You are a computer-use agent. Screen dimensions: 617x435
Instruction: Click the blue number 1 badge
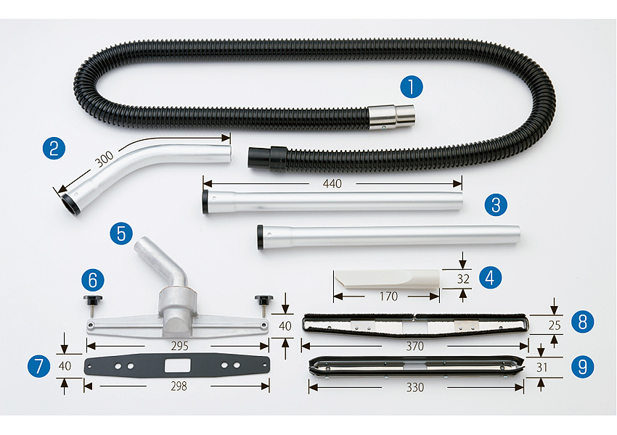coord(411,87)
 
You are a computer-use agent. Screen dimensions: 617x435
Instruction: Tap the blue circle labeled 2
coord(54,148)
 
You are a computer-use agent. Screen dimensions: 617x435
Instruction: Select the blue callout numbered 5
coord(121,233)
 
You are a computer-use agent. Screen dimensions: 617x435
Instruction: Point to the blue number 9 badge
coord(582,367)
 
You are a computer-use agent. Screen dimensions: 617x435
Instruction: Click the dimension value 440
coord(332,183)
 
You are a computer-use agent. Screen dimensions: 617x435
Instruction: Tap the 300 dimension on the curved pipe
coord(105,159)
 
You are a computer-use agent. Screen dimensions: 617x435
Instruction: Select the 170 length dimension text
coord(388,296)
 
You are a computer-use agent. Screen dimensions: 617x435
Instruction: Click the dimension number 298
coord(179,386)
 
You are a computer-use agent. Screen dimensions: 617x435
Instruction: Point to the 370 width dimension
coord(414,347)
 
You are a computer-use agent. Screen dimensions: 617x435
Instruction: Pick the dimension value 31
coord(542,368)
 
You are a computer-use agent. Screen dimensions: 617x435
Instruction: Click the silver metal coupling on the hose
coord(391,117)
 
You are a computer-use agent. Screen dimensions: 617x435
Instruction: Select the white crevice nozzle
coord(386,279)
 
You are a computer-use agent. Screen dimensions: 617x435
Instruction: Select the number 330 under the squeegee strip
coord(415,387)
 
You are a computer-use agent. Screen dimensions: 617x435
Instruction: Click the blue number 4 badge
coord(490,278)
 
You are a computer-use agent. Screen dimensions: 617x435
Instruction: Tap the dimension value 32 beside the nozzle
coord(463,279)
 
